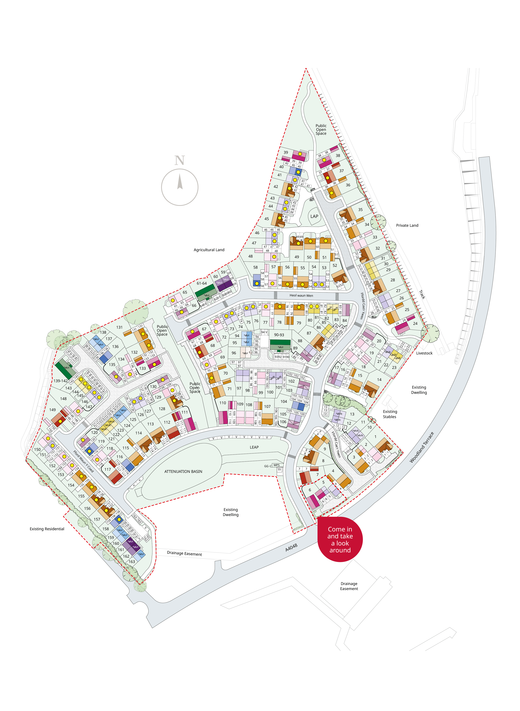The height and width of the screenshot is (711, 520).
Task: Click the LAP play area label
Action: click(x=314, y=216)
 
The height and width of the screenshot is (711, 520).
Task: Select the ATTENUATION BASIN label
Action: click(x=183, y=471)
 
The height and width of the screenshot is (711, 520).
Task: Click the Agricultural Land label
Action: click(x=209, y=250)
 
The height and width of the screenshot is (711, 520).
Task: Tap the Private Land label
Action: click(x=407, y=225)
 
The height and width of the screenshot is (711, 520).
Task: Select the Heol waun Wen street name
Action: click(x=301, y=296)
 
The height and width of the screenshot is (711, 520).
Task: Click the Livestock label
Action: click(x=424, y=353)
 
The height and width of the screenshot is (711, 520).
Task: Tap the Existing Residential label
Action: click(x=47, y=529)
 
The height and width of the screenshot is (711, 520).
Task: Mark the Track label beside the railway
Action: click(x=422, y=295)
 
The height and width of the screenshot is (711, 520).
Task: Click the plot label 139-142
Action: click(x=60, y=381)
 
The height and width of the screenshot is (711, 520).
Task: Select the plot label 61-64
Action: click(x=202, y=283)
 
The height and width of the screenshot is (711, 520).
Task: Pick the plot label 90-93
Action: click(x=279, y=335)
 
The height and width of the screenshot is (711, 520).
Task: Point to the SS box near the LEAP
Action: click(x=279, y=469)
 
